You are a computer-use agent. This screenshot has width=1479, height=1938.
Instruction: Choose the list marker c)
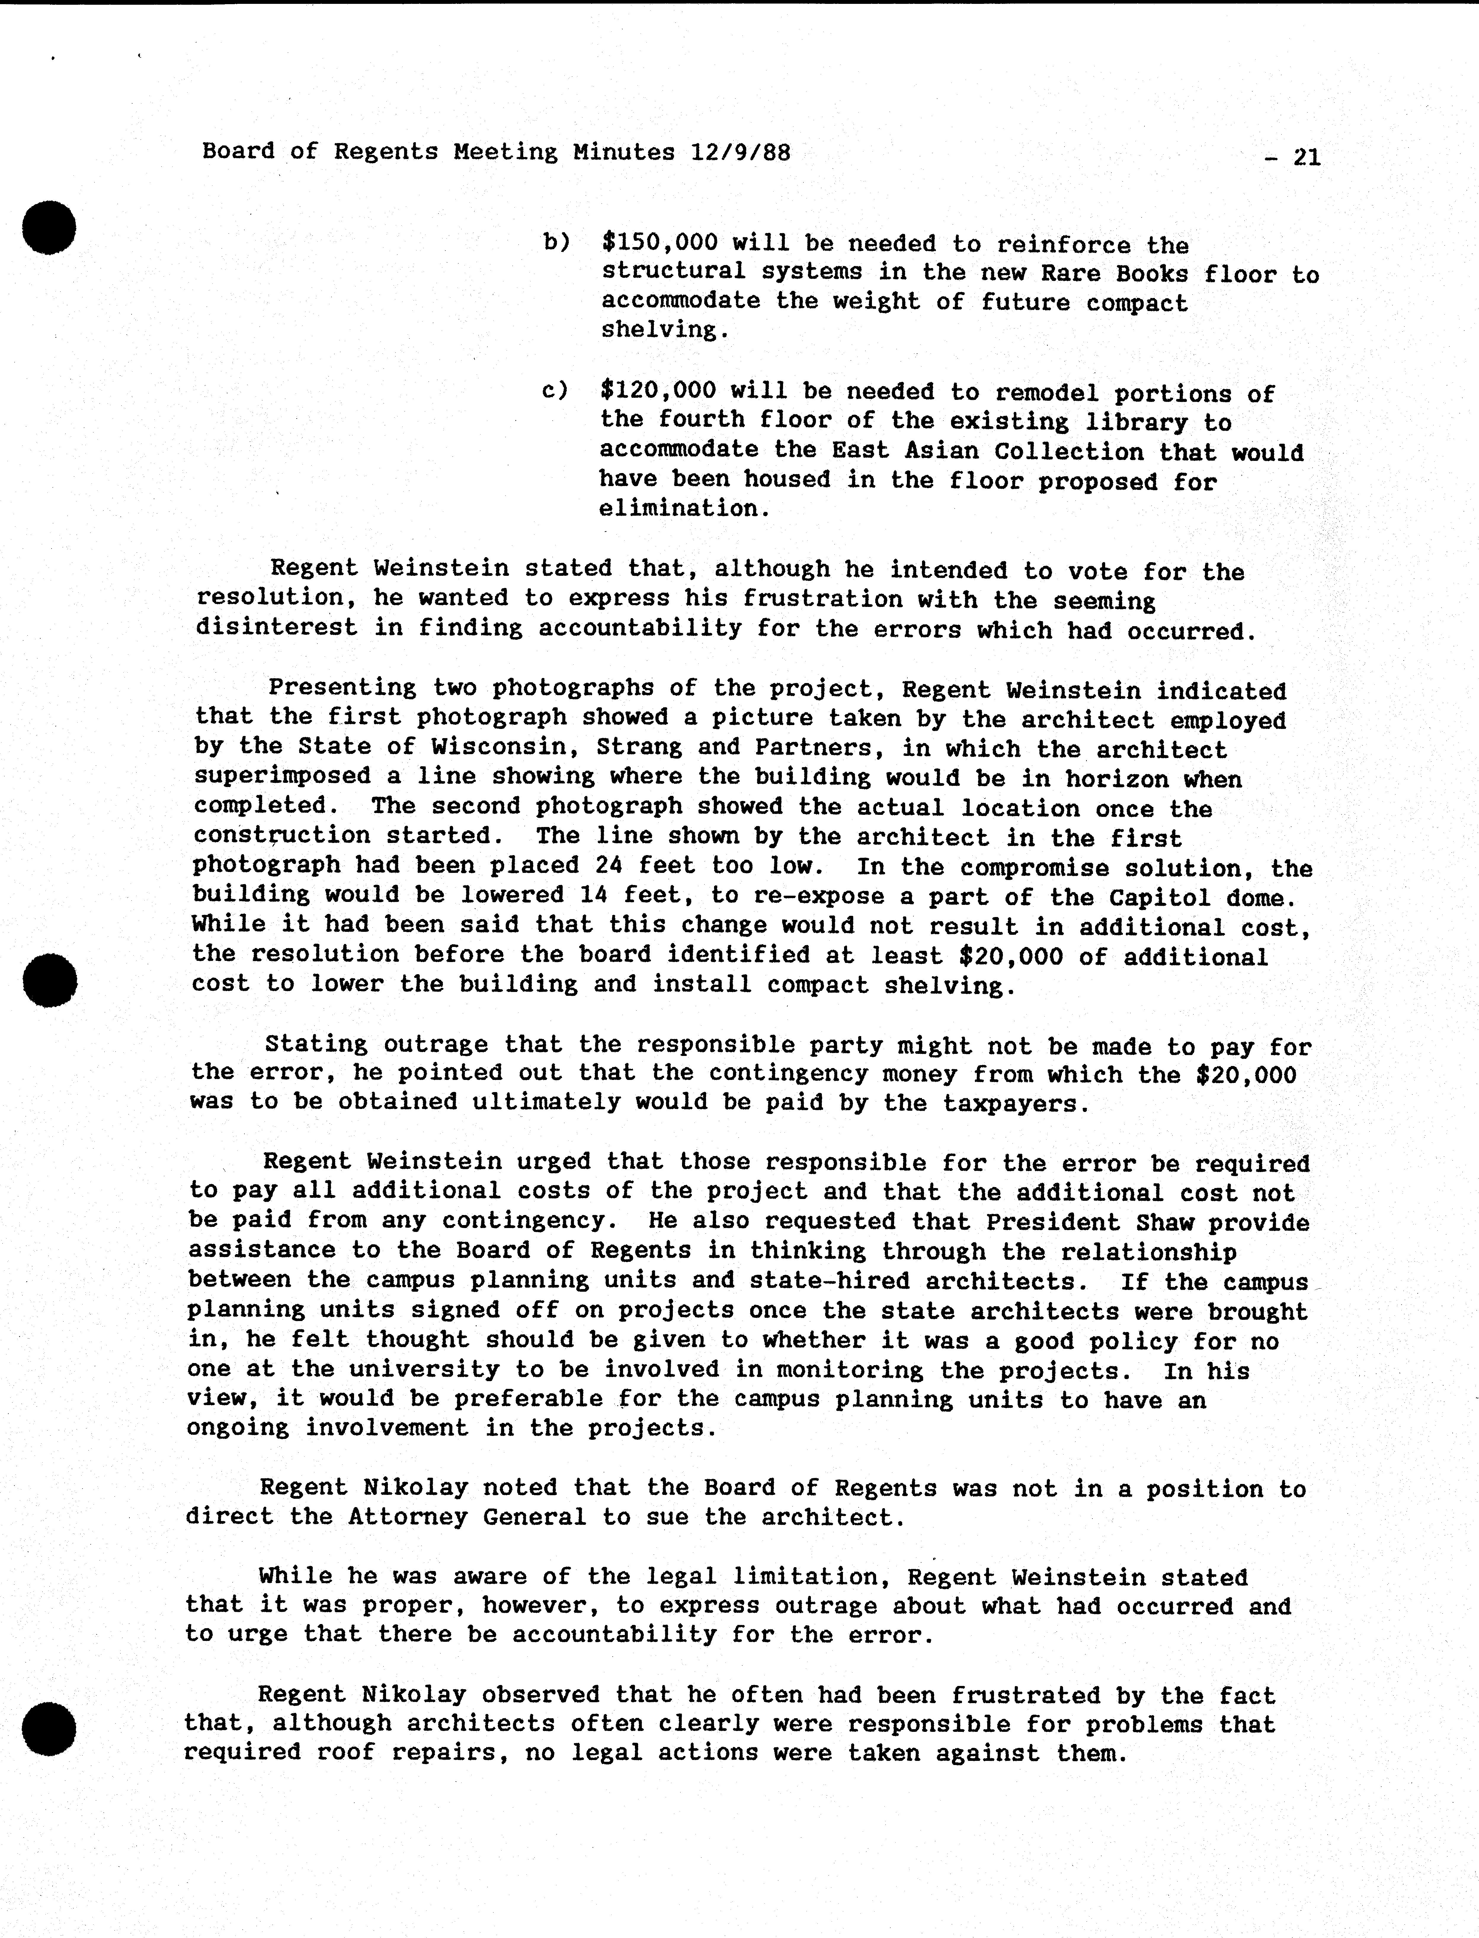click(555, 390)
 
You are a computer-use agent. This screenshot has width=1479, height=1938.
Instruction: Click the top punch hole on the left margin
click(49, 227)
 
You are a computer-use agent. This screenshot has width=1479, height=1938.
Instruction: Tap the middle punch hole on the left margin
click(50, 980)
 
